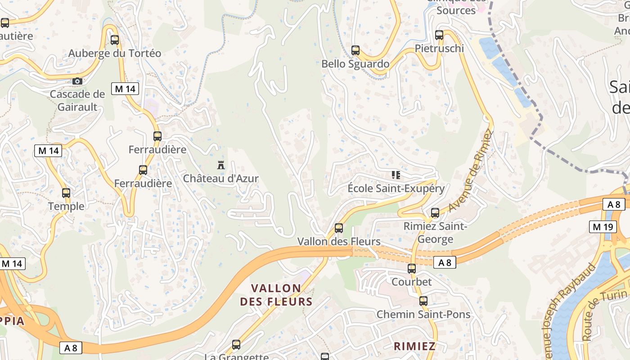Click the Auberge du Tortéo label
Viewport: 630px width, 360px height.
114,53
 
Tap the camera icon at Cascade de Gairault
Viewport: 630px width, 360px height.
77,81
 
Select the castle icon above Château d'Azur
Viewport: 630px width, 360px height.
220,165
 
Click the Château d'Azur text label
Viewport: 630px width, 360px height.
220,178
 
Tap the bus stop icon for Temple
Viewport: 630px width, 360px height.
66,193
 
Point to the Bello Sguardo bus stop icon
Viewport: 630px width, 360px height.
355,50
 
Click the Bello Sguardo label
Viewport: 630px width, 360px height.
355,64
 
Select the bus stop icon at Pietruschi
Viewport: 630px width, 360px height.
439,35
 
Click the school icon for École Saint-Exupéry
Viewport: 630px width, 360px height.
396,175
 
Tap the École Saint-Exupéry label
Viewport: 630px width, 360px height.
396,188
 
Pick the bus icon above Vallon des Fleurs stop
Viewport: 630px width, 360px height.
339,228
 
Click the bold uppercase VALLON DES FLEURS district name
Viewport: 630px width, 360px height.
276,295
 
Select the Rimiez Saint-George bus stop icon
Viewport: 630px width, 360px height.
435,212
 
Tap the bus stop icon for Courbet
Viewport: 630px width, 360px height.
412,269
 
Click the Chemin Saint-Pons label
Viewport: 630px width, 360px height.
423,314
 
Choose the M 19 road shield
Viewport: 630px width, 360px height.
603,227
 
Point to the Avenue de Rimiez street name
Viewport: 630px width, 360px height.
471,171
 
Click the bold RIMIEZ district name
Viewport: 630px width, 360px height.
414,346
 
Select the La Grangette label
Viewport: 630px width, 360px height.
236,357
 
